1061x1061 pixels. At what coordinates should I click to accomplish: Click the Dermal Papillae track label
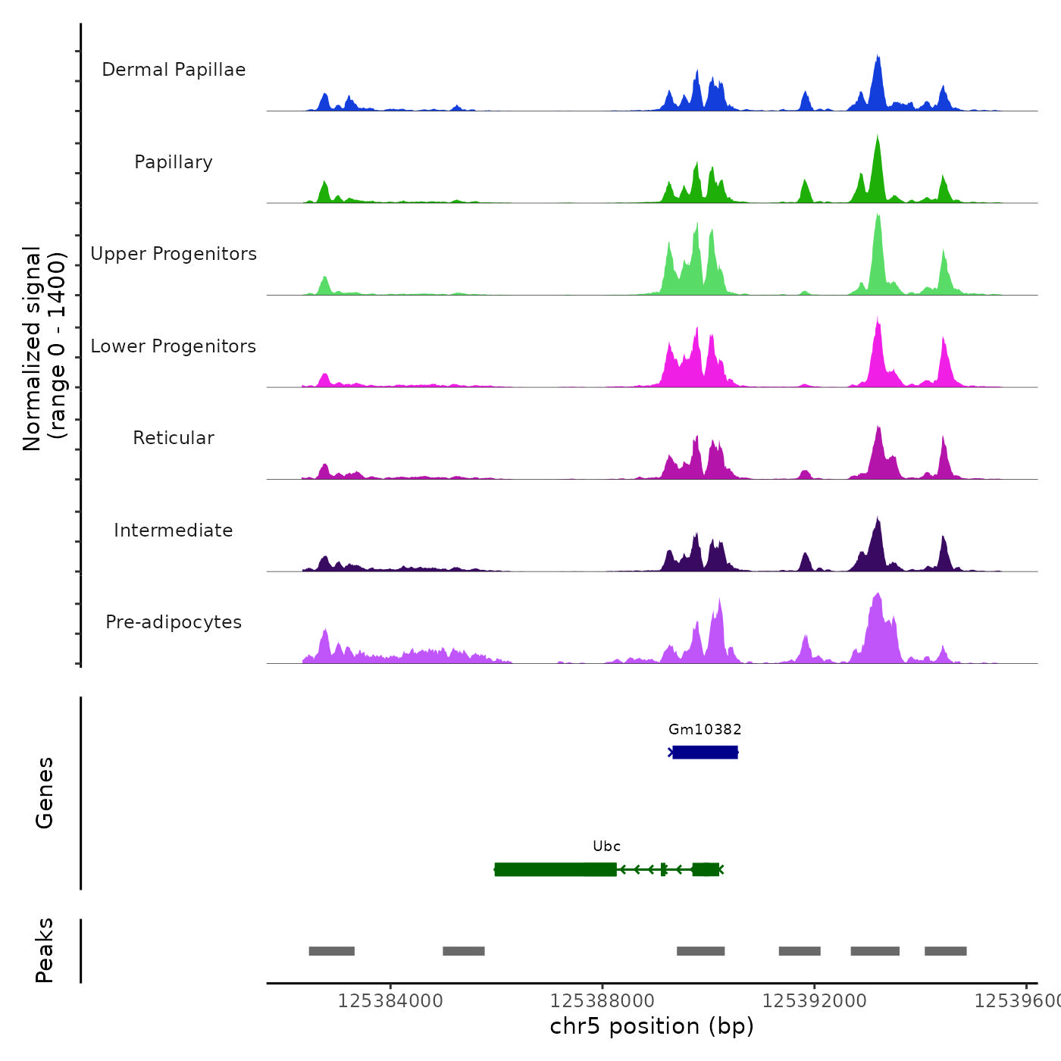point(174,70)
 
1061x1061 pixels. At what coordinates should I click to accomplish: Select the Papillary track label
point(174,162)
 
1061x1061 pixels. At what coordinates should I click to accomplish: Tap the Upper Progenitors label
point(174,254)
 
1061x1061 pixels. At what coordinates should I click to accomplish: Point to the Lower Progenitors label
point(174,346)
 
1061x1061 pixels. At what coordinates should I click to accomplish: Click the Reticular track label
point(174,438)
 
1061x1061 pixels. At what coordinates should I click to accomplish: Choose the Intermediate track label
point(174,530)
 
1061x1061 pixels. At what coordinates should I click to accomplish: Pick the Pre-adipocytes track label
point(174,622)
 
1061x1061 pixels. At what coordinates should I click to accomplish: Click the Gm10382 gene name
point(705,730)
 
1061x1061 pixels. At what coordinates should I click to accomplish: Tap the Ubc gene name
point(606,847)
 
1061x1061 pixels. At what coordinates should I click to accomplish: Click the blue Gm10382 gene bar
point(705,752)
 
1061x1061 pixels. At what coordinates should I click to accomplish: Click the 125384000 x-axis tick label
point(390,1001)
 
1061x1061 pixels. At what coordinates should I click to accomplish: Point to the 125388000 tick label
point(602,1001)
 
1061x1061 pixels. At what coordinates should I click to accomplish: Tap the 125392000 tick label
point(815,1001)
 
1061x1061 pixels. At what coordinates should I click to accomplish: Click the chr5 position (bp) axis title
point(652,1026)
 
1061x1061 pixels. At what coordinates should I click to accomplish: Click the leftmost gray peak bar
point(331,951)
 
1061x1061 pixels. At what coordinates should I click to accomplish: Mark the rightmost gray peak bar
point(945,951)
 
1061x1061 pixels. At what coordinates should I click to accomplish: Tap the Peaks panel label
point(45,950)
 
